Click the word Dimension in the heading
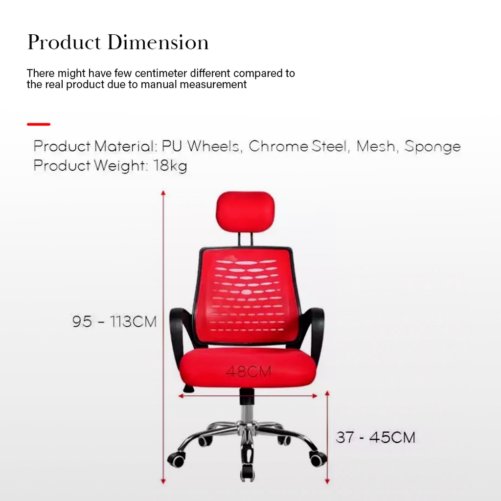click(158, 42)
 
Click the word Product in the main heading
click(64, 42)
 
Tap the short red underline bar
click(39, 124)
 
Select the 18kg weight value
click(170, 166)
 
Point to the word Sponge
click(433, 147)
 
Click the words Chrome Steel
click(298, 146)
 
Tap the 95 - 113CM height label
click(114, 321)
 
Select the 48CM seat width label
click(248, 371)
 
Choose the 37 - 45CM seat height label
click(375, 437)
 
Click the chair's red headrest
click(245, 210)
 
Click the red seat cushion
click(249, 368)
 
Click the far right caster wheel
click(318, 459)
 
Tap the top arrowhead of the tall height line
click(163, 193)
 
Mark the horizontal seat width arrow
click(248, 396)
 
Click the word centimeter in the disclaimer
click(160, 73)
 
